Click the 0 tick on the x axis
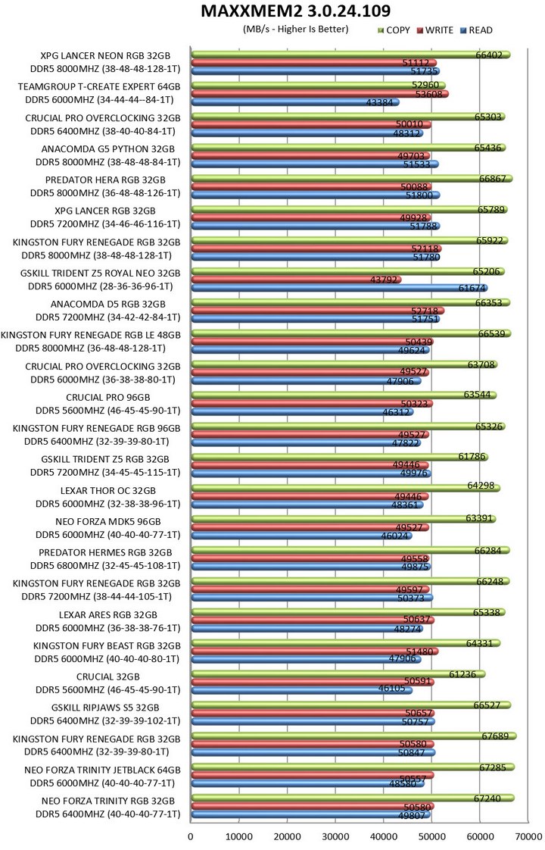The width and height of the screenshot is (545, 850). (191, 836)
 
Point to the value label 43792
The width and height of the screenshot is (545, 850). (385, 280)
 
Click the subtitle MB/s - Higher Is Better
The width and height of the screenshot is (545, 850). (296, 30)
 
